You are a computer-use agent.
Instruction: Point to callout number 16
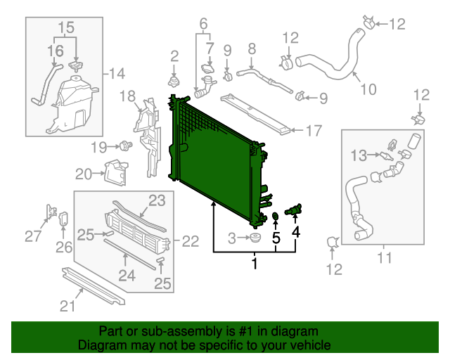tap(55, 51)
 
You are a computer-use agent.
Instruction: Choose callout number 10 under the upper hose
tap(368, 89)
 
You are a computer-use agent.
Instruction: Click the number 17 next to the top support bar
tap(314, 130)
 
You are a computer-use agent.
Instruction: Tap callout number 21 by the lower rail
tap(67, 305)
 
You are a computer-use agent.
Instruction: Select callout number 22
tap(191, 241)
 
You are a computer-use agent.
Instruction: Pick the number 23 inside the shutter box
tap(156, 200)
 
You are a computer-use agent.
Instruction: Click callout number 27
tap(33, 236)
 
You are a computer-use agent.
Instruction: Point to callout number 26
tap(64, 247)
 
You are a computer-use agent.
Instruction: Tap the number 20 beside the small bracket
tap(84, 174)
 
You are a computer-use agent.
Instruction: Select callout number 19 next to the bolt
tap(98, 147)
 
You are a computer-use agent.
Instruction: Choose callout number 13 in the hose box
tap(359, 154)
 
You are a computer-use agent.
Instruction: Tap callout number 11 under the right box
tap(384, 257)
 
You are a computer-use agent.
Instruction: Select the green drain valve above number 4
tap(294, 210)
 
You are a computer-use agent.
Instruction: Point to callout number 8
tap(251, 49)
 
